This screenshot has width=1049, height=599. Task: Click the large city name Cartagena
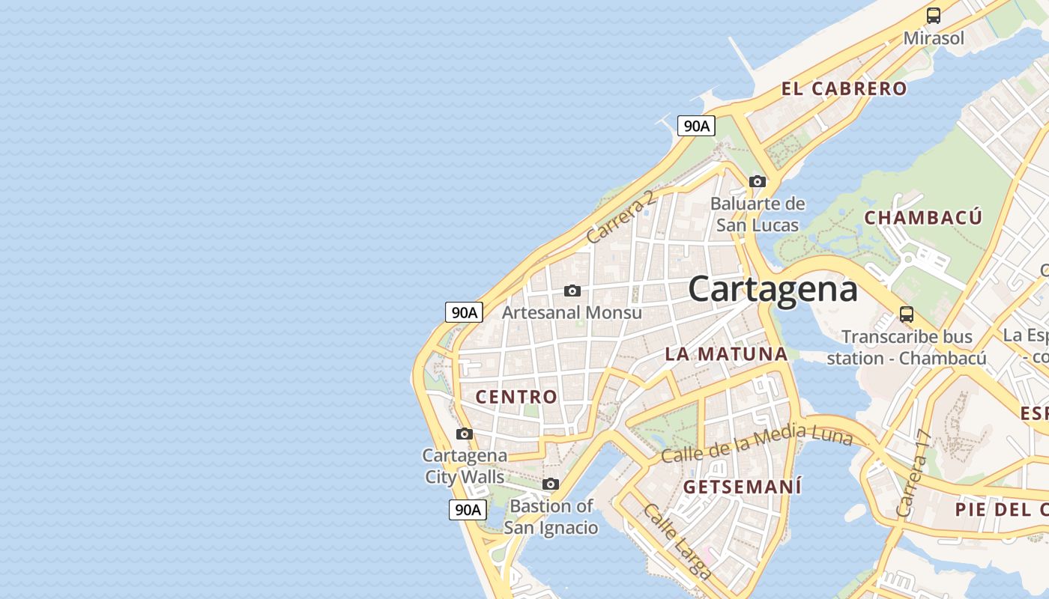click(x=773, y=289)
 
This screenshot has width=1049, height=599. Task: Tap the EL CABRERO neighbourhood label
click(x=844, y=88)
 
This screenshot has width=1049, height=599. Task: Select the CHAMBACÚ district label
click(x=922, y=218)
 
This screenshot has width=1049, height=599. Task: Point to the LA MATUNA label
click(x=726, y=354)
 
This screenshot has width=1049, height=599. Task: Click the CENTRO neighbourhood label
click(x=517, y=397)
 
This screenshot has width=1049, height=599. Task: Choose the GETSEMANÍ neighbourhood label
click(x=743, y=487)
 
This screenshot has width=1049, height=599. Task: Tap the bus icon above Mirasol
click(x=933, y=15)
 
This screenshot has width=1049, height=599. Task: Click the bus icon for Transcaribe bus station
click(x=907, y=314)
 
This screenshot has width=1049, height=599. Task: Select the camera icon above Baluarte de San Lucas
click(x=758, y=181)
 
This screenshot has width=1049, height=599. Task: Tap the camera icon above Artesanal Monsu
click(x=572, y=291)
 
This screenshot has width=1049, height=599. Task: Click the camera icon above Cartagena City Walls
click(x=465, y=434)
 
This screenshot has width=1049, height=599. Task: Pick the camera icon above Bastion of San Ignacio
click(x=551, y=484)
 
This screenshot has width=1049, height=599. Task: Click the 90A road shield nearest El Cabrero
click(x=696, y=126)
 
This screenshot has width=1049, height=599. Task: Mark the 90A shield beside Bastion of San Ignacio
click(x=468, y=510)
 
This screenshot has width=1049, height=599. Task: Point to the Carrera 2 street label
click(x=621, y=217)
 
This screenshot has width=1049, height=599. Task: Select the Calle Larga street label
click(x=677, y=541)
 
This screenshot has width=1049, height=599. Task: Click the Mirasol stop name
click(x=934, y=37)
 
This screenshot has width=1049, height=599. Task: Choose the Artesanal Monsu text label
click(x=572, y=312)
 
